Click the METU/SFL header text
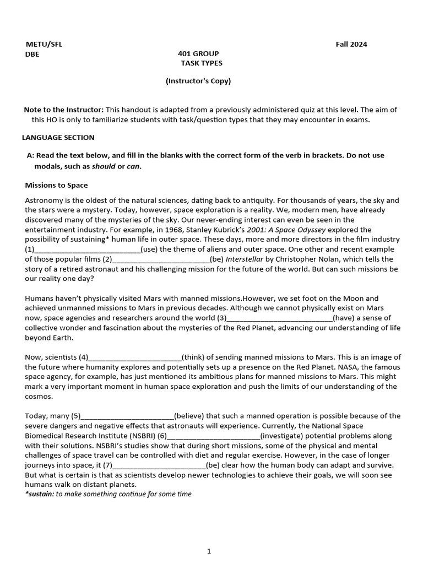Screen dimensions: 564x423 tap(44, 45)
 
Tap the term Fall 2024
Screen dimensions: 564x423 tap(351, 45)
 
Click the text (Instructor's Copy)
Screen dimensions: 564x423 tap(198, 81)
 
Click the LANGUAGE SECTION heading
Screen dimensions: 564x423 tap(58, 138)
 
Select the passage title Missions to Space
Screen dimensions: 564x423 tap(57, 185)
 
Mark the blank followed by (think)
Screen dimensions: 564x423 tap(134, 357)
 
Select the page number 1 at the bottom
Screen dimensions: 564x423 tap(209, 551)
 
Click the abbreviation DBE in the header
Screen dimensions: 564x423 tap(32, 54)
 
